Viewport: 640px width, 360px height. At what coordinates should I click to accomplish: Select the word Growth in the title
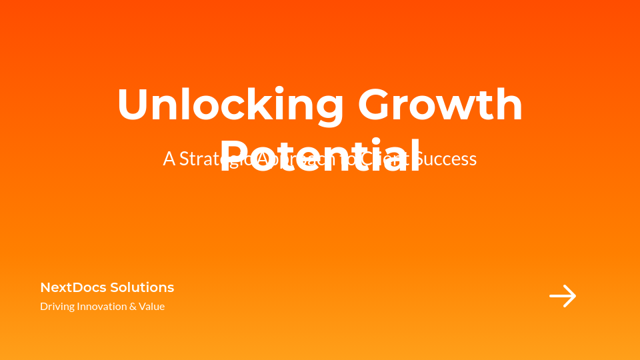(440, 105)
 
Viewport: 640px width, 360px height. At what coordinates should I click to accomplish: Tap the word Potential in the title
(320, 155)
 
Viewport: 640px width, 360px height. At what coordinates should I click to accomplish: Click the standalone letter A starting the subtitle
(169, 159)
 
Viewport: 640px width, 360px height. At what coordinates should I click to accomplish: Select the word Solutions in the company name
(142, 287)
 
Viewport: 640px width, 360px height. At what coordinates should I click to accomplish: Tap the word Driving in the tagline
(57, 307)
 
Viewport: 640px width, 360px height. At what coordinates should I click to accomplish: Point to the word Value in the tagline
(152, 307)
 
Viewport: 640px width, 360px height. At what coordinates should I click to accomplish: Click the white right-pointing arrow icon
(563, 296)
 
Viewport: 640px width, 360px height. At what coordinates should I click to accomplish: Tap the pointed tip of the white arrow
(575, 296)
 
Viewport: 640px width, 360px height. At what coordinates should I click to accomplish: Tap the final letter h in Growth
(509, 105)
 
